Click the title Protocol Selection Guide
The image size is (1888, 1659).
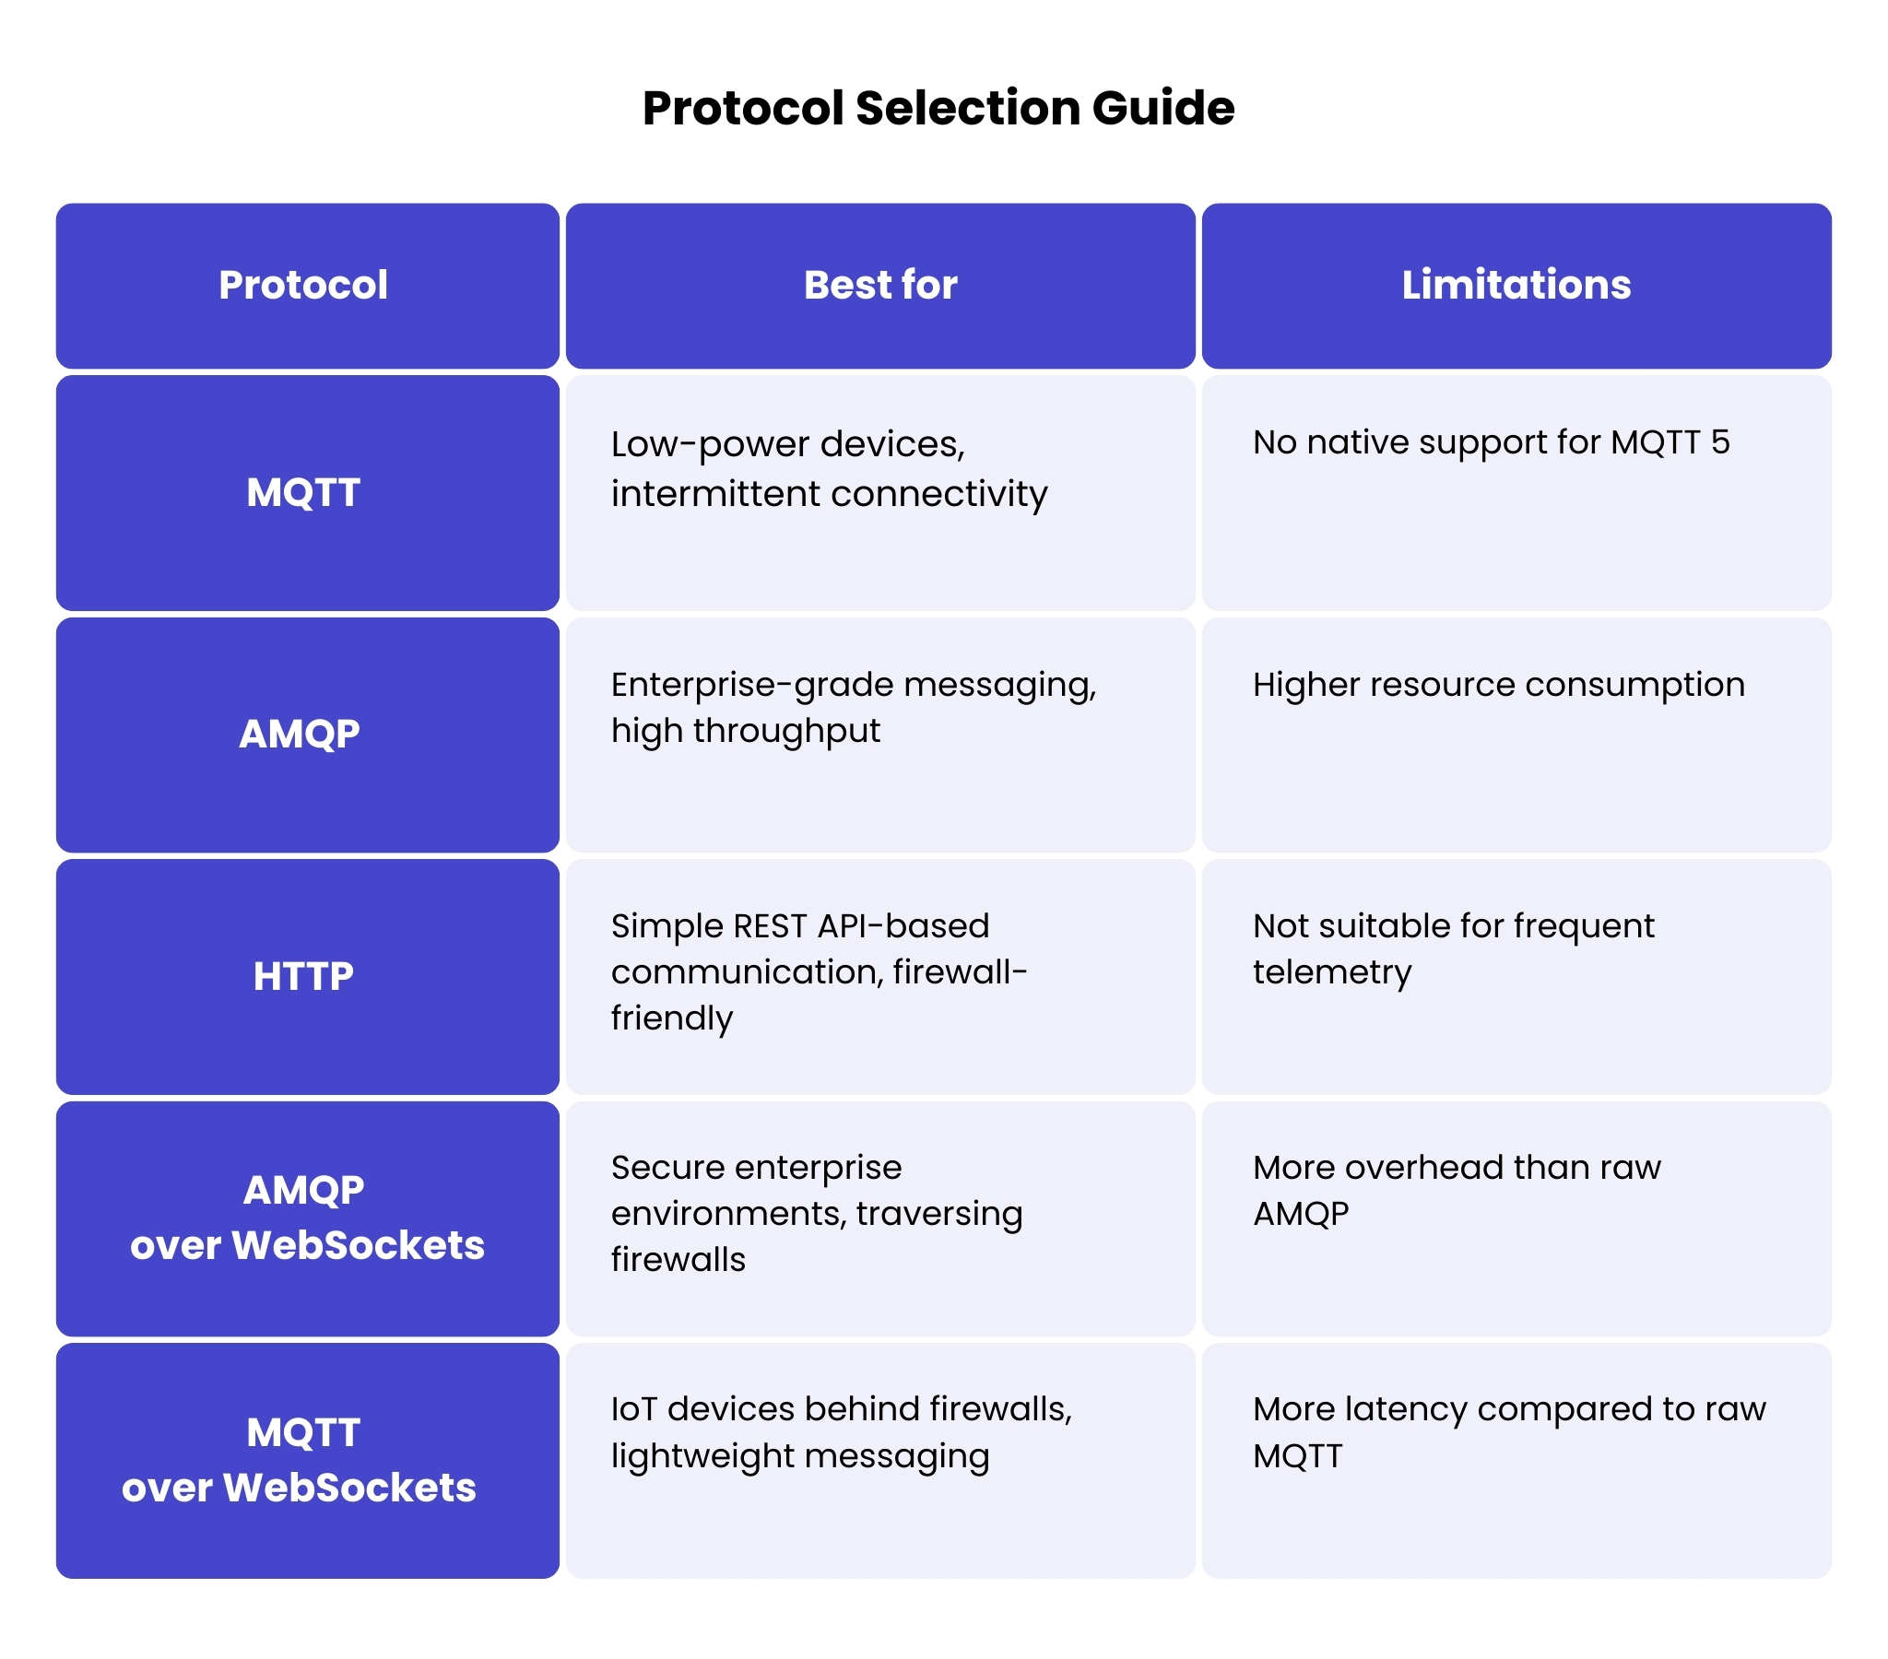coord(938,108)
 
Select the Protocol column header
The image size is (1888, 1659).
coord(303,285)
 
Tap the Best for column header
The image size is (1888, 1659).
coord(880,285)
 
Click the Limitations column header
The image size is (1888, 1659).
coord(1516,285)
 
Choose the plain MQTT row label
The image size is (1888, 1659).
coord(303,492)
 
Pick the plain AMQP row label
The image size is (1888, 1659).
coord(300,734)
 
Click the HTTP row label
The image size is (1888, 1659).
coord(303,976)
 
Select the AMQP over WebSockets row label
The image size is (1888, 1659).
coord(307,1218)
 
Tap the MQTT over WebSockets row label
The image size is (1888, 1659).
coord(300,1460)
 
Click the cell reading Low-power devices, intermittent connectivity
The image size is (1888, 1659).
coord(829,469)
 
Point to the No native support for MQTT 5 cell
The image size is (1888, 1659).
coord(1491,442)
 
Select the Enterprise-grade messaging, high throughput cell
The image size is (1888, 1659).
coord(853,708)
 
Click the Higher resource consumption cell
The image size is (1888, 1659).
coord(1498,685)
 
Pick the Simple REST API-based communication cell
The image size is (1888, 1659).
coord(819,971)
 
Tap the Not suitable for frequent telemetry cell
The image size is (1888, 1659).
coord(1453,948)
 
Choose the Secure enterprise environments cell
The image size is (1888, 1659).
coord(817,1213)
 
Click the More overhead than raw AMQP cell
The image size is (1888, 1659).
coord(1456,1190)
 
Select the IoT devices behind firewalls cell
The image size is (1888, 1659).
coord(841,1431)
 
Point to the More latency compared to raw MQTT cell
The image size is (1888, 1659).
coord(1508,1431)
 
